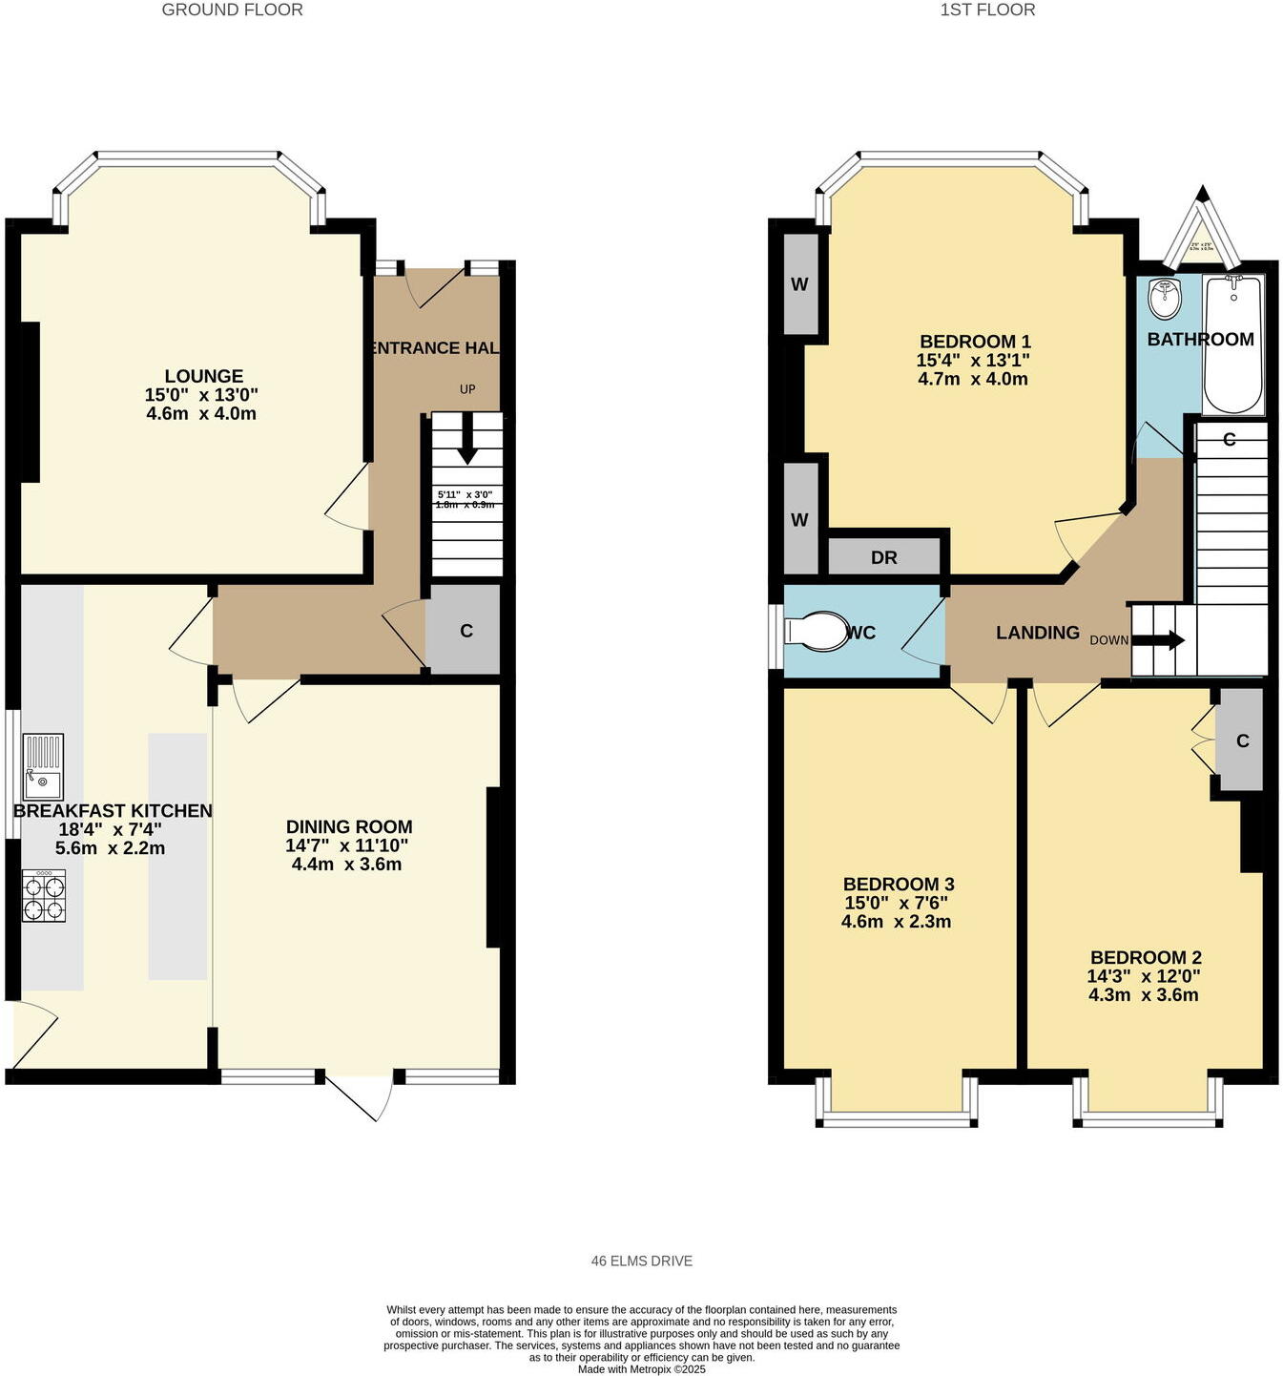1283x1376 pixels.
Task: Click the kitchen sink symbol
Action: coord(43,766)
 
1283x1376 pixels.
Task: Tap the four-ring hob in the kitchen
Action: coord(45,897)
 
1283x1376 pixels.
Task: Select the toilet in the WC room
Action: coord(817,632)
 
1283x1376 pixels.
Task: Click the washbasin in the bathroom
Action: coord(1164,300)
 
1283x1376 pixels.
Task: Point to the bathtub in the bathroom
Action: coord(1233,344)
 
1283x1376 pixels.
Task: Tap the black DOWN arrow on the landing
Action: coord(1159,640)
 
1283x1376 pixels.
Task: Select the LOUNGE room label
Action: coord(203,376)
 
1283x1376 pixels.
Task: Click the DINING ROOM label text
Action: coord(349,827)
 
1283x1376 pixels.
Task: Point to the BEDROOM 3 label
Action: coord(899,885)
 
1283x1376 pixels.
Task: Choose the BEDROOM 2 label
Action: coord(1146,957)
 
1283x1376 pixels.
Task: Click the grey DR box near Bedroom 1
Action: coord(884,557)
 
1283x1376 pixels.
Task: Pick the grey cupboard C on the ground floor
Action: coord(465,631)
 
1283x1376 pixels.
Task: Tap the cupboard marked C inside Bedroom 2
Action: coord(1241,740)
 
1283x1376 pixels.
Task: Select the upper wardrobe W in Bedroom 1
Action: coord(800,284)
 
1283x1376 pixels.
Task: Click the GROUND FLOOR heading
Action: coord(232,10)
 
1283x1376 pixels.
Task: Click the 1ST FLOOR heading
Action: coord(987,10)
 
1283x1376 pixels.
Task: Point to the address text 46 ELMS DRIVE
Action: coord(641,1261)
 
